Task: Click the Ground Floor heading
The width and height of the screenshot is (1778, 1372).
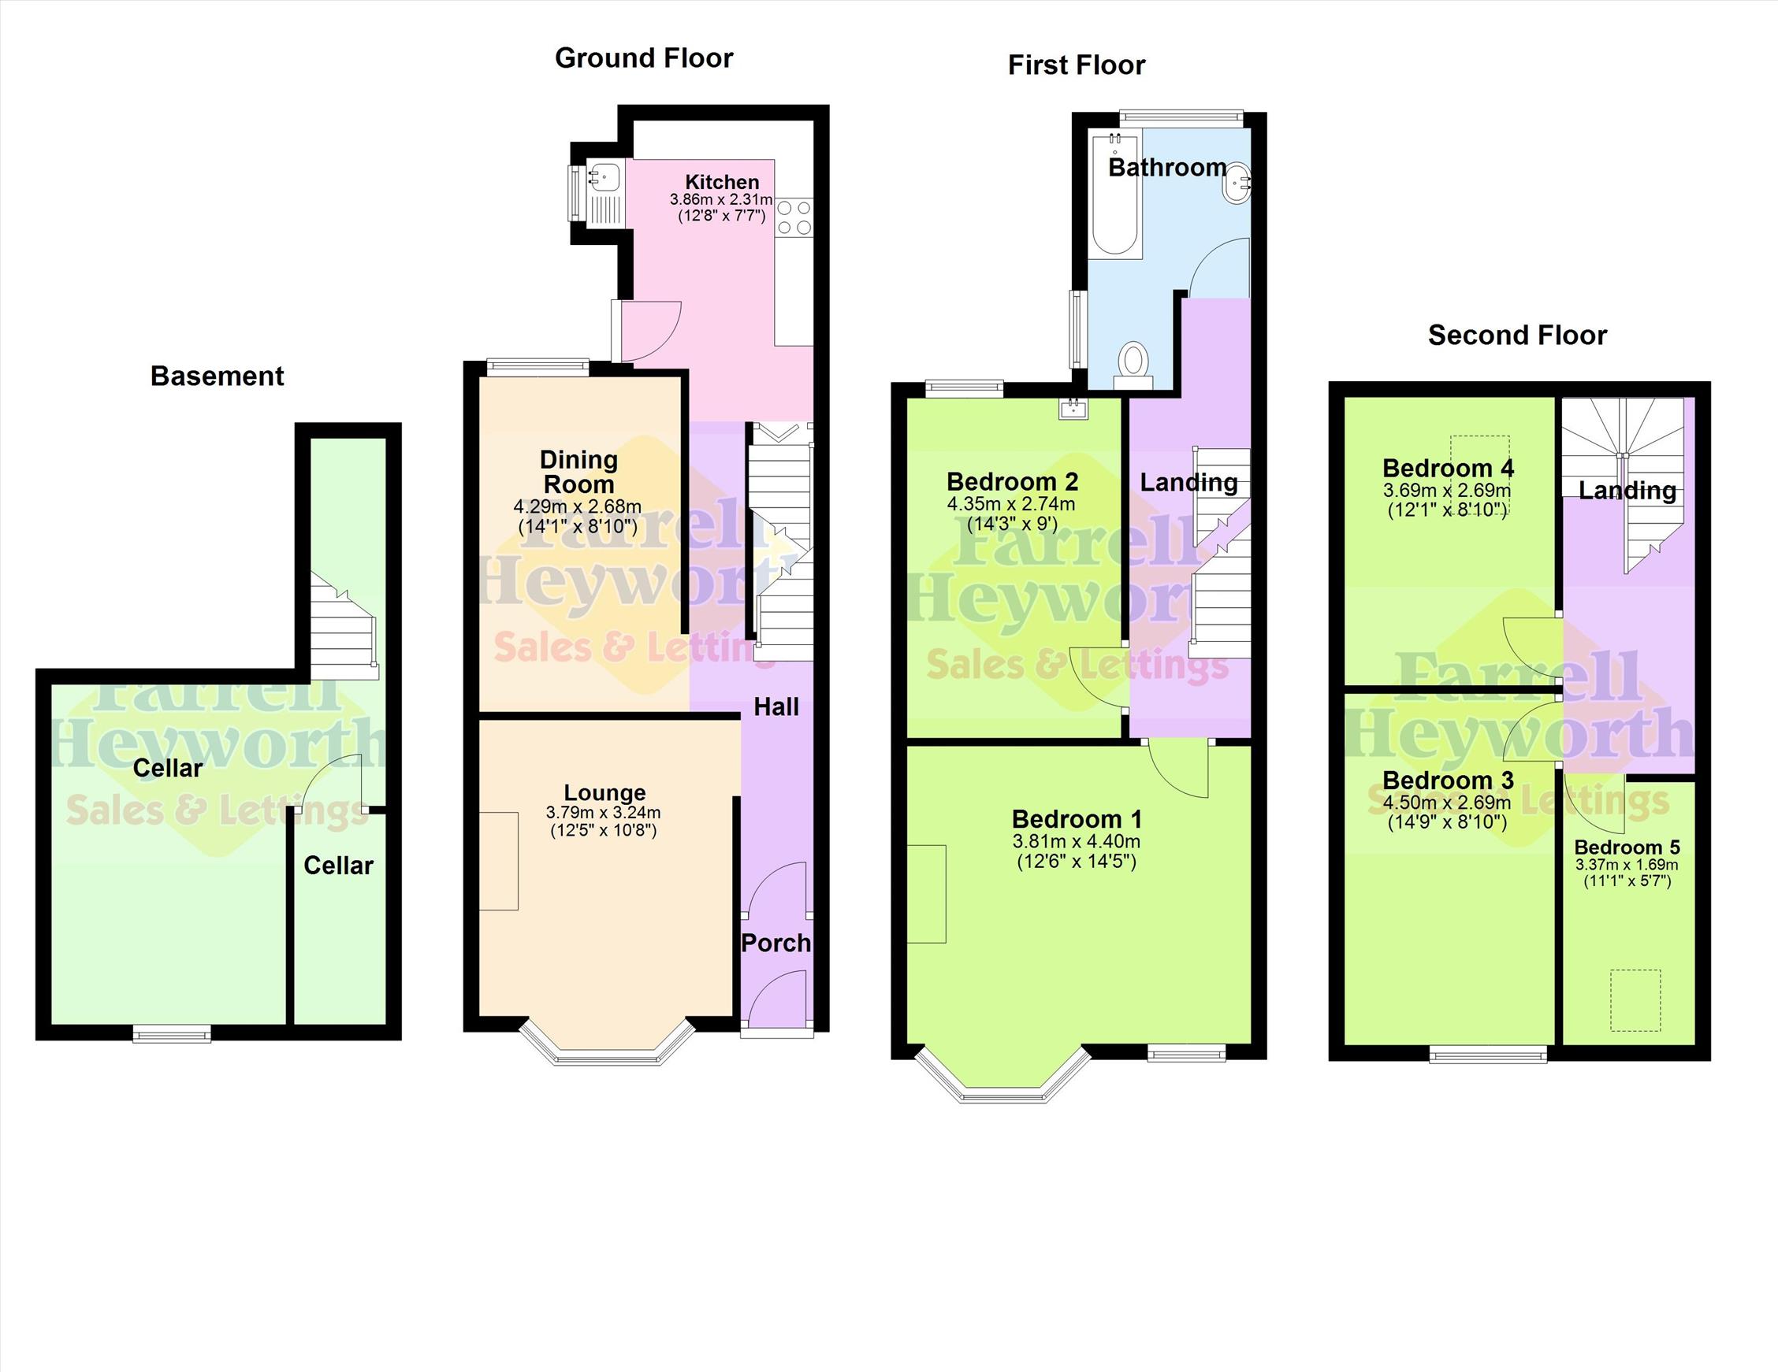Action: [644, 58]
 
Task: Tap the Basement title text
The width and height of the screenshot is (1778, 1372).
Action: [218, 376]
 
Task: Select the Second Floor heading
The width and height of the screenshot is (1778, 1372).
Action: [1517, 336]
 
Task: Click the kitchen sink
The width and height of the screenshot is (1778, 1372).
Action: [604, 173]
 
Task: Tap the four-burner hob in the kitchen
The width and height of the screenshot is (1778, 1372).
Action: [794, 217]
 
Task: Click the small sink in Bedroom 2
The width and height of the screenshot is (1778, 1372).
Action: [1073, 408]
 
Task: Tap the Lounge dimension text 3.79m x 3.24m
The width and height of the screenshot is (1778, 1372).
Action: [603, 812]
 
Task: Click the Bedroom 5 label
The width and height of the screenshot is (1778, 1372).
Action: [1627, 847]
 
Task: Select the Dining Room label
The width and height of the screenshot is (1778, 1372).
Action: [578, 472]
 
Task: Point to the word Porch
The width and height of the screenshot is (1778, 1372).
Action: [776, 943]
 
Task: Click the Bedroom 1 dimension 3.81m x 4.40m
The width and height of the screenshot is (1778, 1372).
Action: [1077, 841]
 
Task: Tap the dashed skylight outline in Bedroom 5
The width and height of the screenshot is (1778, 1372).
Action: [1635, 1000]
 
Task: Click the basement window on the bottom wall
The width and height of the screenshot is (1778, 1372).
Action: [172, 1033]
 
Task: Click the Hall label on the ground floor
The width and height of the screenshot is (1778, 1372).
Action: [776, 707]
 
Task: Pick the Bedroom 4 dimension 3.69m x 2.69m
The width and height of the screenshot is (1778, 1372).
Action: [1447, 491]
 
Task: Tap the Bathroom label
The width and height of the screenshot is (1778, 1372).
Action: [1167, 168]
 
